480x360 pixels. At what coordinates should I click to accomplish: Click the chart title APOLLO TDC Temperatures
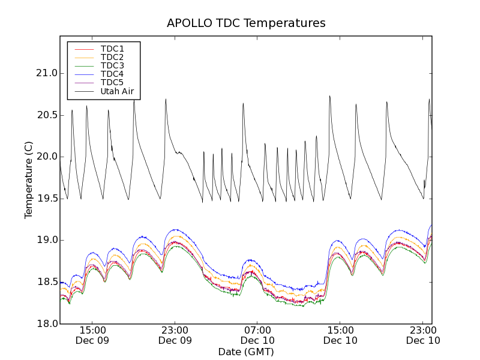coord(246,23)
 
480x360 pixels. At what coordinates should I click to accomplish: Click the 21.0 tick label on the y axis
coord(46,73)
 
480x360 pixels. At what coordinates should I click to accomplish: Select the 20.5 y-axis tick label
coord(46,115)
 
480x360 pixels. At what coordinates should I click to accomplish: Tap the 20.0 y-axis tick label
coord(46,157)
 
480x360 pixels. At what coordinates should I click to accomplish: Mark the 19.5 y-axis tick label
coord(46,199)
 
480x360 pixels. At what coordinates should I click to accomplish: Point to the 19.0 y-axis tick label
coord(46,240)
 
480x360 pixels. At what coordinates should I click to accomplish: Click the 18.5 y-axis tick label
coord(46,282)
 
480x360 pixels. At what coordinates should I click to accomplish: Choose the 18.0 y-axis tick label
coord(46,324)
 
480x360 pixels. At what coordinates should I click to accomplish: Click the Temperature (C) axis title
coord(29,180)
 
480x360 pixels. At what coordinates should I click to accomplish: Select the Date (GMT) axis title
coord(246,352)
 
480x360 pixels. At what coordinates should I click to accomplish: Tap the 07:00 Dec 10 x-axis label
coord(257,335)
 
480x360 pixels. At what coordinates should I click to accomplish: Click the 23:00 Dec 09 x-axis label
coord(175,335)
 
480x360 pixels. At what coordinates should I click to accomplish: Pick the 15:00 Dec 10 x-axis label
coord(340,335)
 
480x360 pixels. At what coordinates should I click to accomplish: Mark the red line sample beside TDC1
coord(83,49)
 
